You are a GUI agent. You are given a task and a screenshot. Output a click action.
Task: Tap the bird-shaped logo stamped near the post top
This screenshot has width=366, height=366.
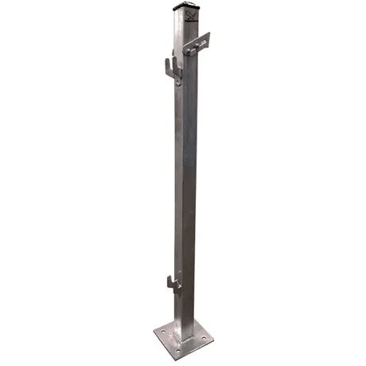point(191,14)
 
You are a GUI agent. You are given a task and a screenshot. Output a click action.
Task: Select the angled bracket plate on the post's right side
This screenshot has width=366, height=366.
point(196,44)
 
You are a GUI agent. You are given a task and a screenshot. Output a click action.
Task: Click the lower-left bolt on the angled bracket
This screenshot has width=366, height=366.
point(189,50)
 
